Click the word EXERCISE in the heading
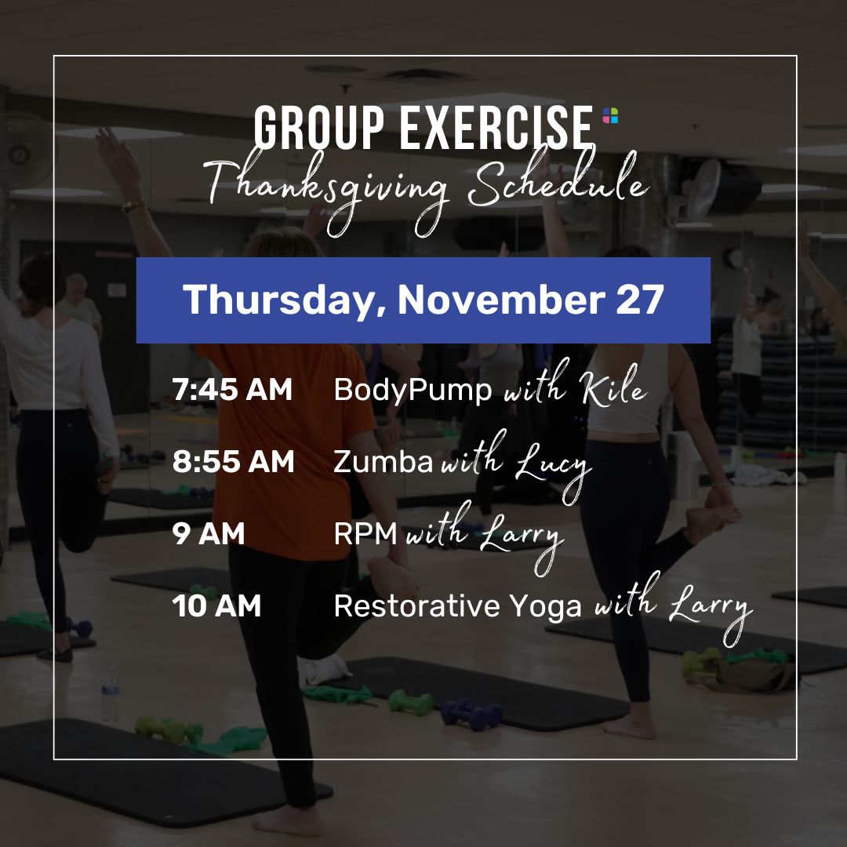point(496,128)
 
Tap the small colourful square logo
point(610,115)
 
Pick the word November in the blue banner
point(501,300)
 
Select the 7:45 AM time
point(232,389)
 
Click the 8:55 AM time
point(234,461)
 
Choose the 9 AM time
point(209,533)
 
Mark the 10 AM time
point(216,605)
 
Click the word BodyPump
point(413,391)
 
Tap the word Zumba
point(384,462)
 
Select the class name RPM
point(365,534)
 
